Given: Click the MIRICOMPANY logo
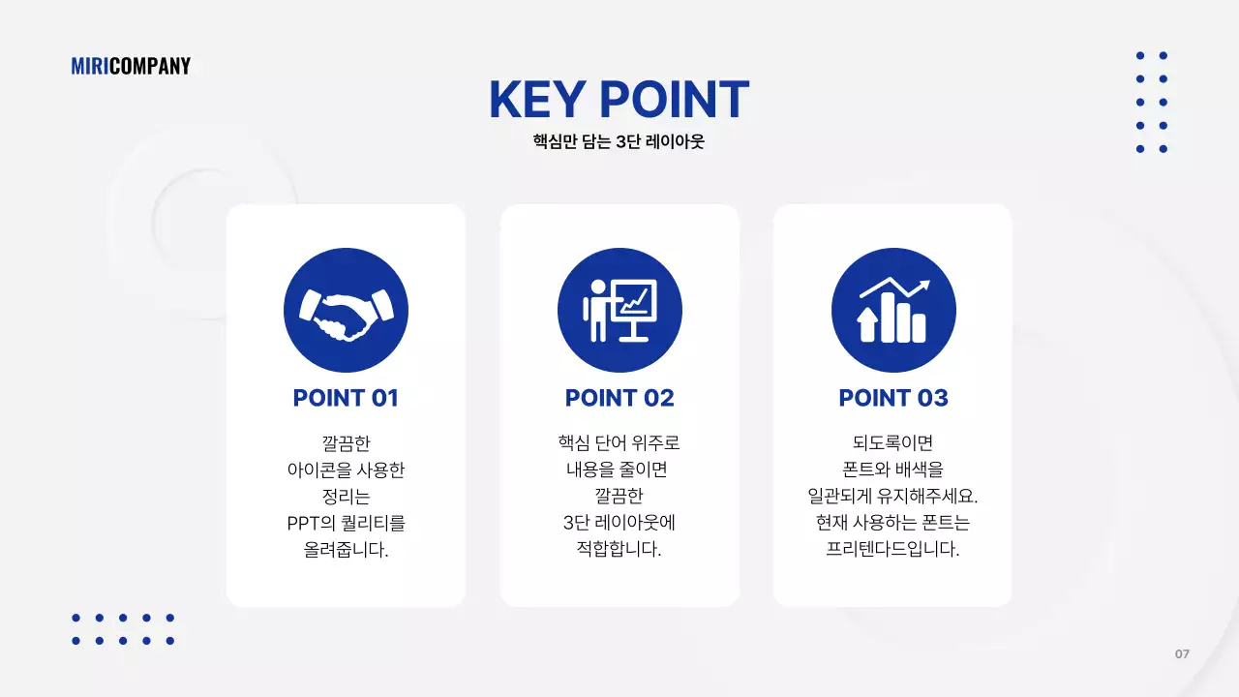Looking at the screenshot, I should tap(131, 66).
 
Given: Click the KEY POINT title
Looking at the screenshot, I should tap(619, 99).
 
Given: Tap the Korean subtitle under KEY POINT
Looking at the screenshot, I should tap(619, 141).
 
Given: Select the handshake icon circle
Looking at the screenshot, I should tap(346, 311).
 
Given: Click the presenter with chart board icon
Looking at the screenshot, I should tap(619, 311).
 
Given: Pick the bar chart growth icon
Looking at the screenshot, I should tap(893, 311).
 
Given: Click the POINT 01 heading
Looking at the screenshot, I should tap(346, 398).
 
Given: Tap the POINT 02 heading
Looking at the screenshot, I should tap(619, 398).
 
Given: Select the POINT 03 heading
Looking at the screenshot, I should tap(893, 398).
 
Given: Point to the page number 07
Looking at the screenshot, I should tap(1182, 654).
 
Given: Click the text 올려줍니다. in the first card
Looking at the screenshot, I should tap(346, 551).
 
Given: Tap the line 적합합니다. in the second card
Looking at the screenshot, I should tap(619, 550).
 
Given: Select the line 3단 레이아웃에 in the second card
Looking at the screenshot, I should tap(619, 524).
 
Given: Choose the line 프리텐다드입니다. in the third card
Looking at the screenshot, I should tap(893, 550).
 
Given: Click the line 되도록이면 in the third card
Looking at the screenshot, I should tap(893, 443).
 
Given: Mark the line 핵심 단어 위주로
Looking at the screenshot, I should tap(619, 443).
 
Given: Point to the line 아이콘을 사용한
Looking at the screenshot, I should tap(346, 470).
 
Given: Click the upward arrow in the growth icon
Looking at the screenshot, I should tap(867, 325).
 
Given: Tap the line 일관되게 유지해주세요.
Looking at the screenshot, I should tap(893, 497).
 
